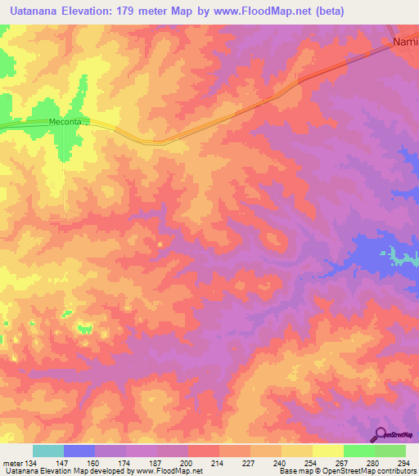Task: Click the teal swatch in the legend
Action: click(47, 451)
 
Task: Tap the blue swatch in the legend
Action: click(79, 451)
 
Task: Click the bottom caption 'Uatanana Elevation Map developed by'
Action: click(61, 472)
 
